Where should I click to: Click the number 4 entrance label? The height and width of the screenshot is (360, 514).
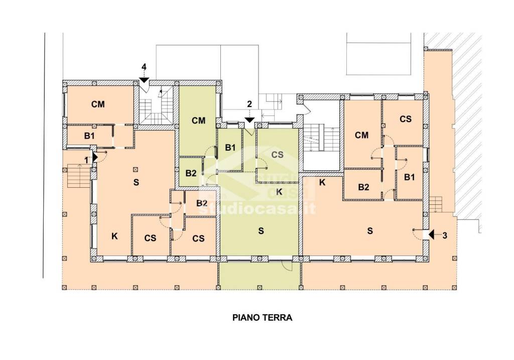click(x=144, y=67)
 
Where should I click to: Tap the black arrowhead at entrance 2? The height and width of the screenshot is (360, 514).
click(x=249, y=120)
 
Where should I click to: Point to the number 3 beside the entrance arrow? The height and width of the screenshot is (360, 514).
click(x=445, y=235)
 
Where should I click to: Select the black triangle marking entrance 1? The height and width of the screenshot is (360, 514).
click(x=95, y=157)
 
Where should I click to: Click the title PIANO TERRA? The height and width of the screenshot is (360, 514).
click(x=262, y=317)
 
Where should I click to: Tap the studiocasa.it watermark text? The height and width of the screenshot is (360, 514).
click(x=258, y=208)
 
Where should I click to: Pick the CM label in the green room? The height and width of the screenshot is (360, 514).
click(x=199, y=121)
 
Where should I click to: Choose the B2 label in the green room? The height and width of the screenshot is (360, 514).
click(x=191, y=173)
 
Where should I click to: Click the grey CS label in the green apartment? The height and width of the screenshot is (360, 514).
click(x=277, y=155)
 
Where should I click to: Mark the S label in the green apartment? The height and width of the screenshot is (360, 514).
click(x=261, y=231)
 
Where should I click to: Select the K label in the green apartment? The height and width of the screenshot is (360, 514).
click(x=279, y=192)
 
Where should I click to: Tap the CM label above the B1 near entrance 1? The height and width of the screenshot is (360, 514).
click(x=98, y=104)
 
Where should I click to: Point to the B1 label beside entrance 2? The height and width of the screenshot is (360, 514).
click(x=230, y=148)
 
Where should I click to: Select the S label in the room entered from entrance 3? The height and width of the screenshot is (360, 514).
click(x=370, y=231)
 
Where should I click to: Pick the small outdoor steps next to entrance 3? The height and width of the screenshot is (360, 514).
click(x=436, y=205)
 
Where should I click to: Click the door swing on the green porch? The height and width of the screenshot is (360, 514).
click(x=287, y=267)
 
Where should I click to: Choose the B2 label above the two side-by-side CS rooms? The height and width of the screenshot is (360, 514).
click(x=202, y=203)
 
